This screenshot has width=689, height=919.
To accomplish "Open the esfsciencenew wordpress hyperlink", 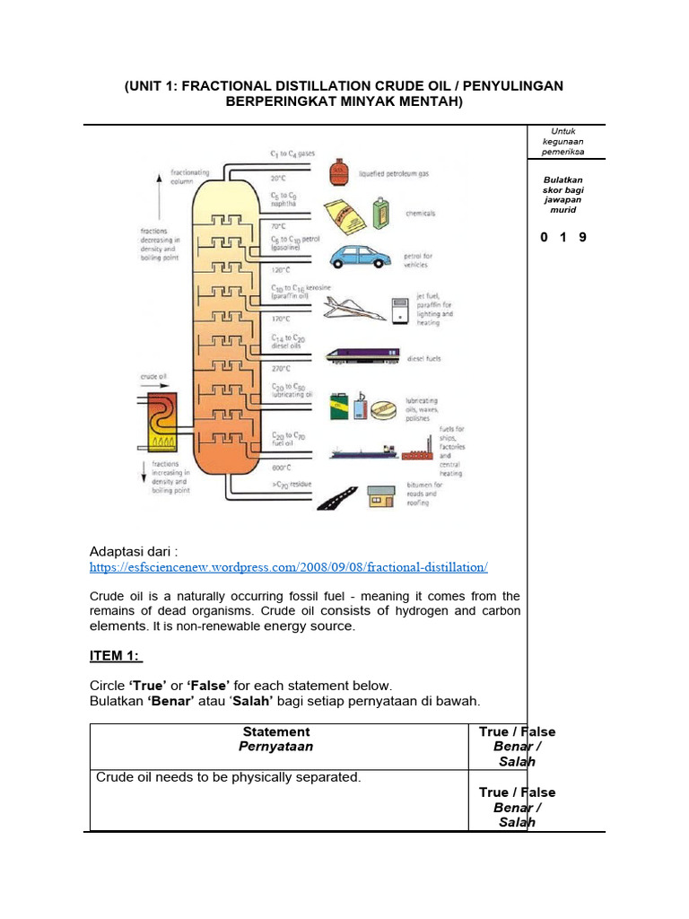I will (x=289, y=568).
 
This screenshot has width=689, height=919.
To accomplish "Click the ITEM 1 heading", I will (x=117, y=656).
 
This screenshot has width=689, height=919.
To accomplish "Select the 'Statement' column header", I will (x=278, y=731).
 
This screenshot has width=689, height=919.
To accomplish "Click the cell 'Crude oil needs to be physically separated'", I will (x=228, y=777).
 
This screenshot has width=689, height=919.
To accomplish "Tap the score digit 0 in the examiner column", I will (x=544, y=238).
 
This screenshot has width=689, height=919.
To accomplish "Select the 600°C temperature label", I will (x=282, y=468).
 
